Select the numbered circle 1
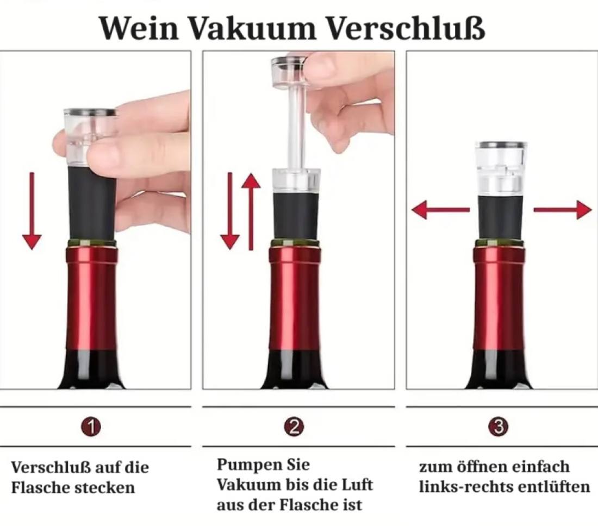(x=91, y=427)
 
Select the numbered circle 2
(x=294, y=427)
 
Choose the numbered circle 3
(x=498, y=427)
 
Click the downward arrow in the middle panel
(x=230, y=212)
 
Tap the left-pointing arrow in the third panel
(x=440, y=210)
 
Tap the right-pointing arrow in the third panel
(x=563, y=210)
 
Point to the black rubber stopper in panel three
(x=501, y=217)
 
